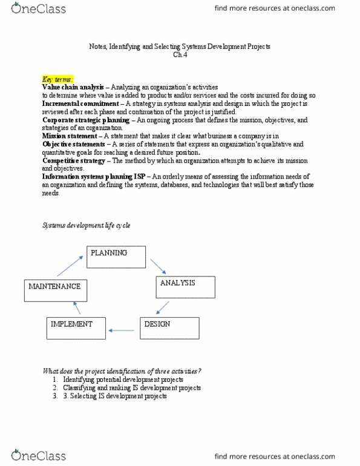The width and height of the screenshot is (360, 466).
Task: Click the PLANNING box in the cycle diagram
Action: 117,256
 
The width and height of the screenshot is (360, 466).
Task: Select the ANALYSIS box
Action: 185,287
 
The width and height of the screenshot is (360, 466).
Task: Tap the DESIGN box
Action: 170,327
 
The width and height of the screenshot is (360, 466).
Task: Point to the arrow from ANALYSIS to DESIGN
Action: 160,308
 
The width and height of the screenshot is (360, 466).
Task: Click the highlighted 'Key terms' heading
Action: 58,80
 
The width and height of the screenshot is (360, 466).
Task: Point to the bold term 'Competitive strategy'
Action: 74,160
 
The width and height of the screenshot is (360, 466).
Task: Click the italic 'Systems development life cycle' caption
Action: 86,226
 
